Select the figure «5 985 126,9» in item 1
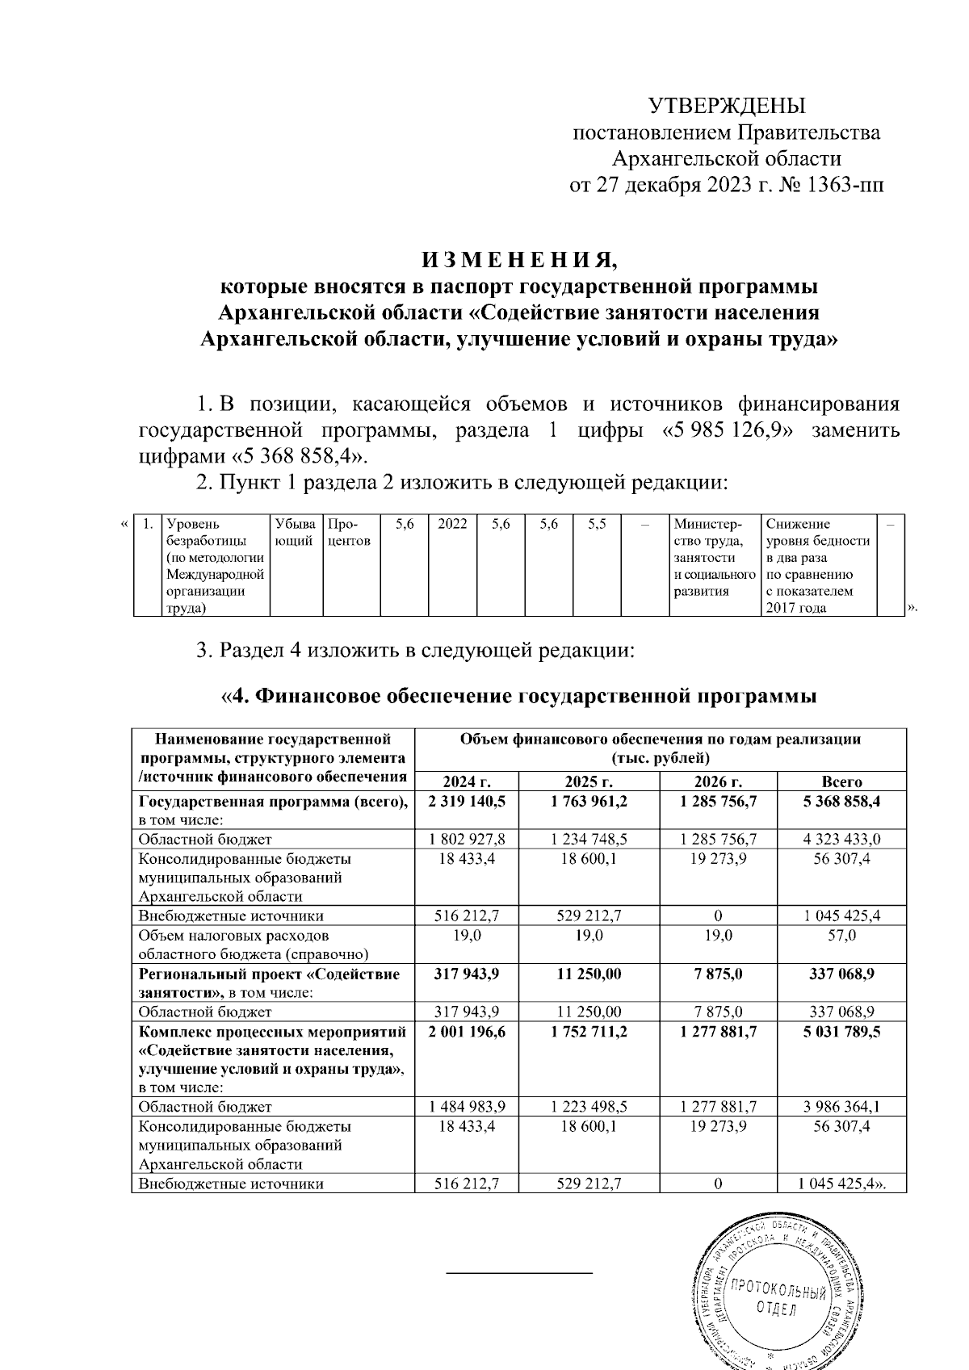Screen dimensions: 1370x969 pyautogui.click(x=727, y=429)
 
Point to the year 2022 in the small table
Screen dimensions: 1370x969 pyautogui.click(x=452, y=525)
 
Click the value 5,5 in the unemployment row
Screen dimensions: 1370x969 pyautogui.click(x=597, y=525)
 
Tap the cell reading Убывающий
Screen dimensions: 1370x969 pyautogui.click(x=296, y=533)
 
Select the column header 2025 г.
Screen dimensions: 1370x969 pyautogui.click(x=589, y=781)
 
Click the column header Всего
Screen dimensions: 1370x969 pyautogui.click(x=841, y=781)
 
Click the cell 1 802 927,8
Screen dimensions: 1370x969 pyautogui.click(x=466, y=839)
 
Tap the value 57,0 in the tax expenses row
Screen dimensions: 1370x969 pyautogui.click(x=841, y=935)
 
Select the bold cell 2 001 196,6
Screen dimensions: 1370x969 pyautogui.click(x=466, y=1032)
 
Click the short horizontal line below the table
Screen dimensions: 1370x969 pyautogui.click(x=520, y=1273)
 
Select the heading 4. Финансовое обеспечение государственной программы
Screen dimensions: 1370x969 pyautogui.click(x=518, y=696)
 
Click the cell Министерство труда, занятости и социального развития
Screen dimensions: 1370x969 pyautogui.click(x=714, y=557)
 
